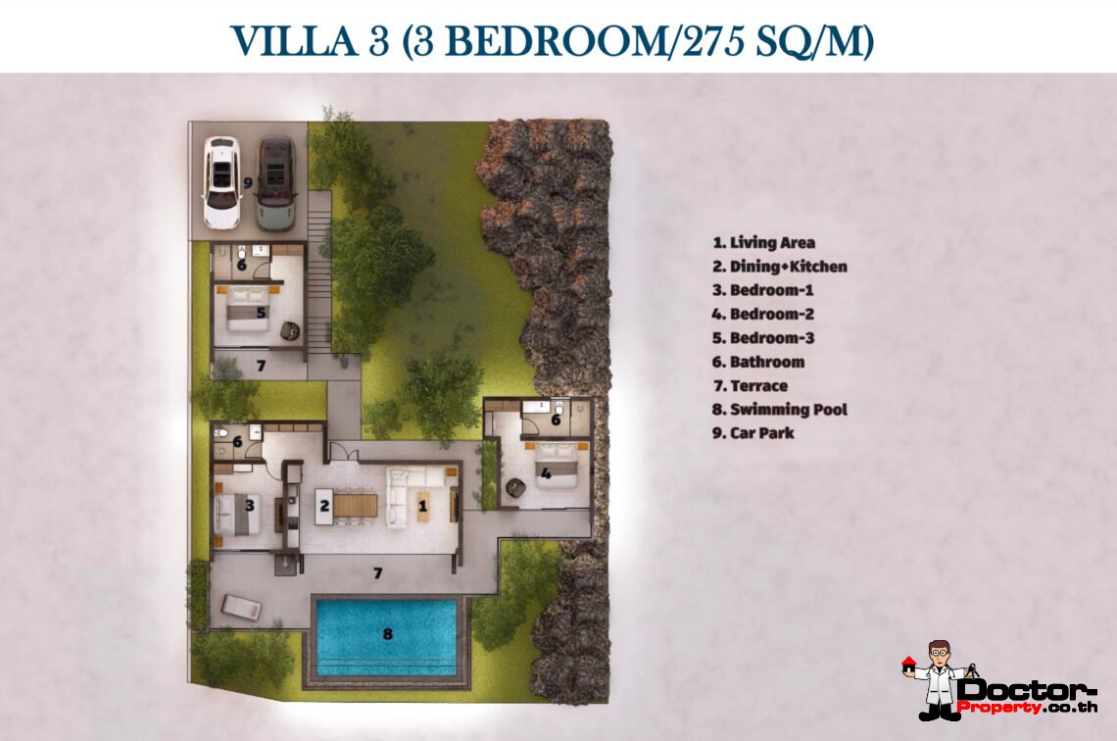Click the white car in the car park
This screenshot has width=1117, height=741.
221,182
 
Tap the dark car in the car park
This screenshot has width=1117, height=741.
274,182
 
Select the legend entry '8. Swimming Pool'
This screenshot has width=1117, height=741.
780,410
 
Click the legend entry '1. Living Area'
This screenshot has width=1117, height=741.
764,242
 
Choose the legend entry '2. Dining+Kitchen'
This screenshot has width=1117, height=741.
780,267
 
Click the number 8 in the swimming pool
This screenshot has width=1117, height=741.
387,634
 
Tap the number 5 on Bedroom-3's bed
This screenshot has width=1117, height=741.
262,314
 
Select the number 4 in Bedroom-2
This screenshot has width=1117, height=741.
546,474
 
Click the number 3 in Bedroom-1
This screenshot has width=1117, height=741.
251,506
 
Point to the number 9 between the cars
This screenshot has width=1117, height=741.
248,182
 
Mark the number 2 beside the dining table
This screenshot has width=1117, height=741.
322,507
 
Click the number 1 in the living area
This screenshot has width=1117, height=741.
422,507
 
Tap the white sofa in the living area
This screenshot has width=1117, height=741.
398,498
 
